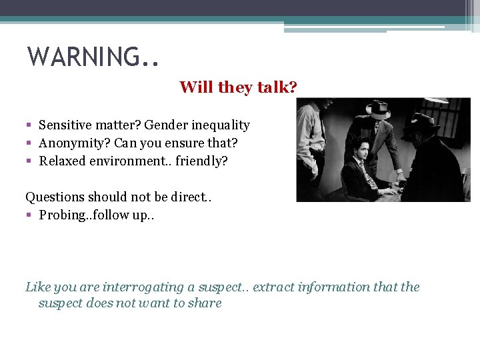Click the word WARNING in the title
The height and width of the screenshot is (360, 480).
[83, 57]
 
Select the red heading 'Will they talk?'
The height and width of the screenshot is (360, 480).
[238, 87]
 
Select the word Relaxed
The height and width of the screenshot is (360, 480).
[61, 161]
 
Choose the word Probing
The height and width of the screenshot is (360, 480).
[62, 215]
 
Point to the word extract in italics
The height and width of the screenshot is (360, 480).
[276, 287]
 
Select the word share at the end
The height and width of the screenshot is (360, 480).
[205, 303]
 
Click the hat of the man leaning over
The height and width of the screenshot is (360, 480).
[378, 109]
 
